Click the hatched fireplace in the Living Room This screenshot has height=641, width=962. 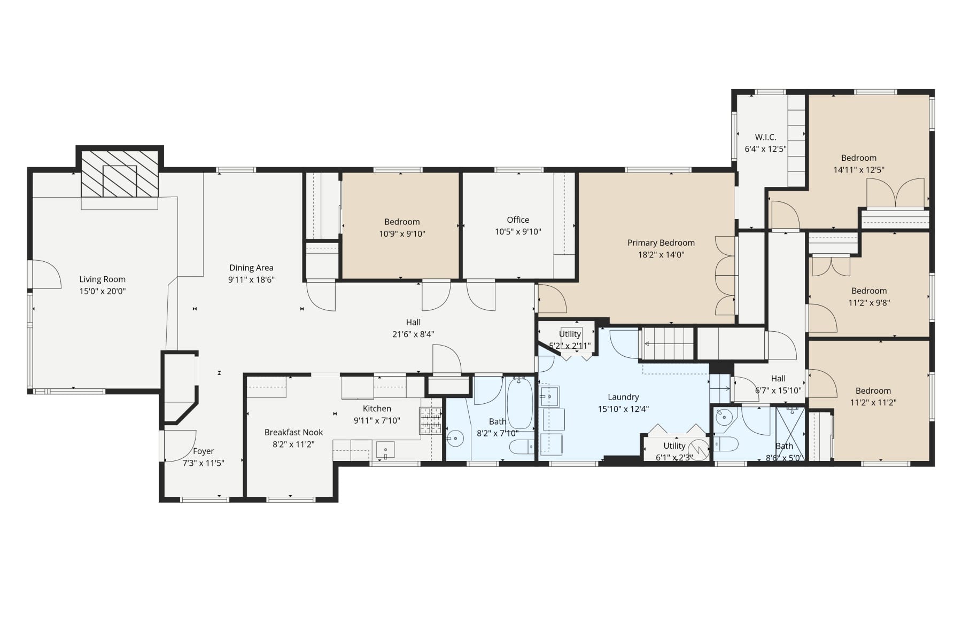click(x=120, y=174)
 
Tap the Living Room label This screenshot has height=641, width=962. click(x=102, y=279)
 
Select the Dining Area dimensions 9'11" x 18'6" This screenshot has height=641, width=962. click(x=251, y=280)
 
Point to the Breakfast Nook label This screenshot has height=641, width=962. click(x=293, y=432)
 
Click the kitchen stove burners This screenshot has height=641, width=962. click(x=430, y=420)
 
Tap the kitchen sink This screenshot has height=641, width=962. click(x=385, y=450)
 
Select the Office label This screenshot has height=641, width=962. click(x=518, y=220)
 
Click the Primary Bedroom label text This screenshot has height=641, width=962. click(x=661, y=243)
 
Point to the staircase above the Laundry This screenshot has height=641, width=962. click(x=668, y=343)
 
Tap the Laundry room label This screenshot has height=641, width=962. click(x=623, y=397)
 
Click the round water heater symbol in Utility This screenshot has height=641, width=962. click(x=699, y=447)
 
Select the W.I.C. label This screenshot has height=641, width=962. click(x=765, y=137)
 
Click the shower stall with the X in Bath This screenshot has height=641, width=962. click(x=790, y=433)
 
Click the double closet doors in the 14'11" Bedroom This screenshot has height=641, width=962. click(x=895, y=193)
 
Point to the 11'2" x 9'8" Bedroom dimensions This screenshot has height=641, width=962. click(x=869, y=303)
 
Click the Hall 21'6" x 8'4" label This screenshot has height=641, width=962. click(x=413, y=323)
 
